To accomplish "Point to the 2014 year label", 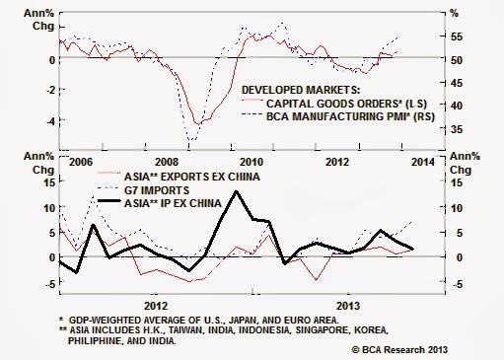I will point(418,160).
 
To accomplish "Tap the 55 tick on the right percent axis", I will point(456,36).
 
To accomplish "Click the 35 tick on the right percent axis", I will point(456,129).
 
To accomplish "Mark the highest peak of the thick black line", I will point(236,191).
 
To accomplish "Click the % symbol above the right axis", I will point(455,14).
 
